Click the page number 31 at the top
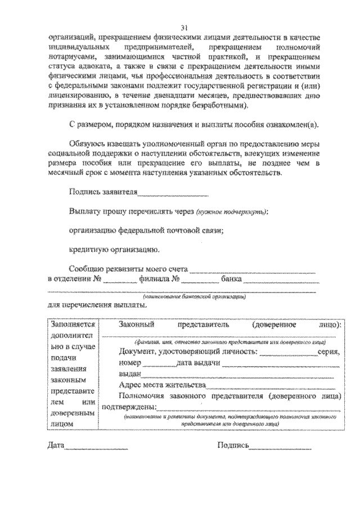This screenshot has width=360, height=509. tap(184, 28)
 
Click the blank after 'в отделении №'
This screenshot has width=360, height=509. tap(120, 280)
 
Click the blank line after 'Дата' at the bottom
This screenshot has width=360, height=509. tap(96, 448)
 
